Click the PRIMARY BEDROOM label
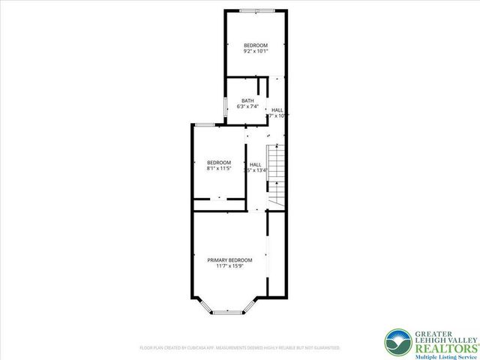pyautogui.click(x=229, y=260)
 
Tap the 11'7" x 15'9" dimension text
pyautogui.click(x=229, y=266)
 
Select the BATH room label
pyautogui.click(x=247, y=101)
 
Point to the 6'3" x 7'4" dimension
pyautogui.click(x=247, y=107)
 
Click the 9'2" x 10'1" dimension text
pyautogui.click(x=256, y=52)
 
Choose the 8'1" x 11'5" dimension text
pyautogui.click(x=219, y=169)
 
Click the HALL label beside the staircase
pyautogui.click(x=256, y=164)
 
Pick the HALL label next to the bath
pyautogui.click(x=277, y=109)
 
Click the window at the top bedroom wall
pyautogui.click(x=256, y=10)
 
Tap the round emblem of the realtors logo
pyautogui.click(x=397, y=342)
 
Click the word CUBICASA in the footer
pyautogui.click(x=199, y=348)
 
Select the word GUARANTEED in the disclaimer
pyautogui.click(x=328, y=348)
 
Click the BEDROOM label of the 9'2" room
pyautogui.click(x=256, y=46)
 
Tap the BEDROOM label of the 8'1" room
pyautogui.click(x=219, y=163)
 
